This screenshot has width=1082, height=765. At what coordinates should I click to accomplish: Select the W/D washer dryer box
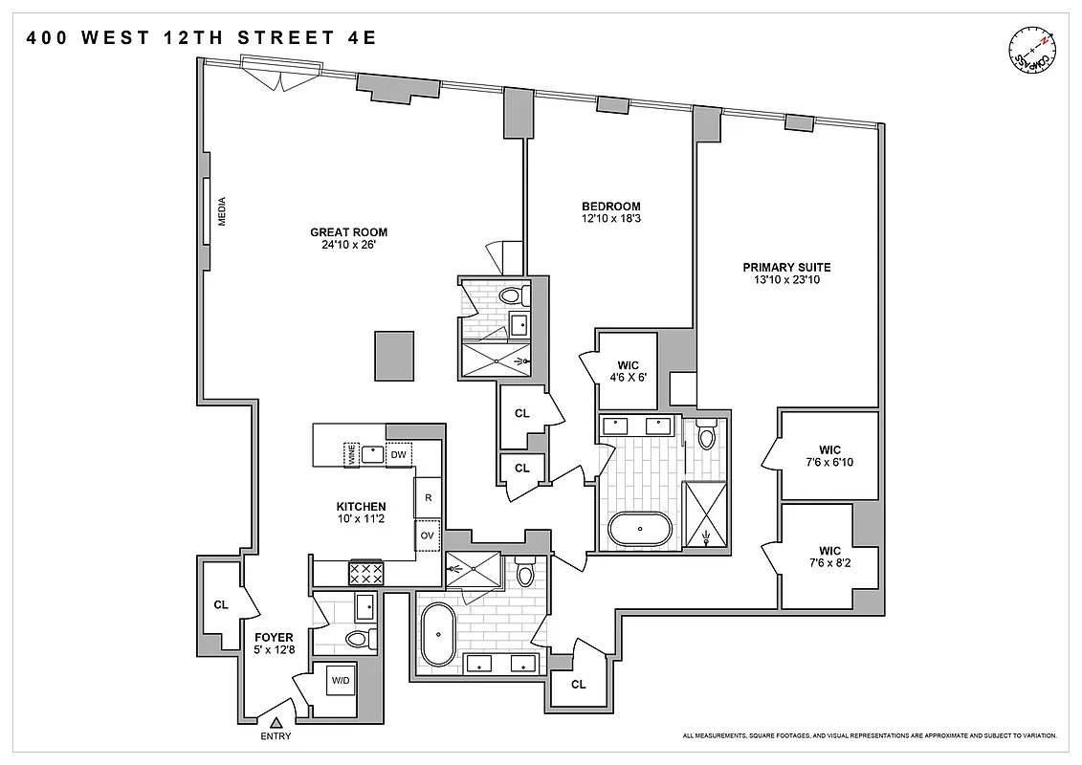pyautogui.click(x=340, y=681)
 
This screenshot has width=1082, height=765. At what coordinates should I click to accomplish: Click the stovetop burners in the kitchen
pyautogui.click(x=366, y=572)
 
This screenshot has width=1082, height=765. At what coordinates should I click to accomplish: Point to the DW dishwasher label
pyautogui.click(x=398, y=455)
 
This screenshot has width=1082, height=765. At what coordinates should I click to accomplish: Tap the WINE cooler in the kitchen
pyautogui.click(x=352, y=455)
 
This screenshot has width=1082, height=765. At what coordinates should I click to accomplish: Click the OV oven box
pyautogui.click(x=427, y=535)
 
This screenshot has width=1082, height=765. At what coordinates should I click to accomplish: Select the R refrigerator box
pyautogui.click(x=428, y=497)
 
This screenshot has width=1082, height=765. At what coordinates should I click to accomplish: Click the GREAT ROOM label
pyautogui.click(x=348, y=232)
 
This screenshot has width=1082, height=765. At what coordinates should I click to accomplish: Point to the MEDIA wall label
pyautogui.click(x=222, y=210)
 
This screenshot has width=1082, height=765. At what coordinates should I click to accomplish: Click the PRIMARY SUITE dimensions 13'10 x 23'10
pyautogui.click(x=786, y=280)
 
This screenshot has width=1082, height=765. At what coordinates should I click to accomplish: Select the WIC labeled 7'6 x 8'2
pyautogui.click(x=829, y=557)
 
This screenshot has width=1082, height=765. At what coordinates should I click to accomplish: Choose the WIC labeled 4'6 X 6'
pyautogui.click(x=627, y=370)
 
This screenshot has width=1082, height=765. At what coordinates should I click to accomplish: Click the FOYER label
pyautogui.click(x=274, y=637)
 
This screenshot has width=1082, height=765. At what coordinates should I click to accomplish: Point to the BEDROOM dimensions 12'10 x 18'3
pyautogui.click(x=611, y=219)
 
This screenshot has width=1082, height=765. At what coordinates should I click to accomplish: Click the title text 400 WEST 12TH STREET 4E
pyautogui.click(x=202, y=38)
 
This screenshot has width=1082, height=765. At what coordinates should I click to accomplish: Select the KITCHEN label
pyautogui.click(x=361, y=507)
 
